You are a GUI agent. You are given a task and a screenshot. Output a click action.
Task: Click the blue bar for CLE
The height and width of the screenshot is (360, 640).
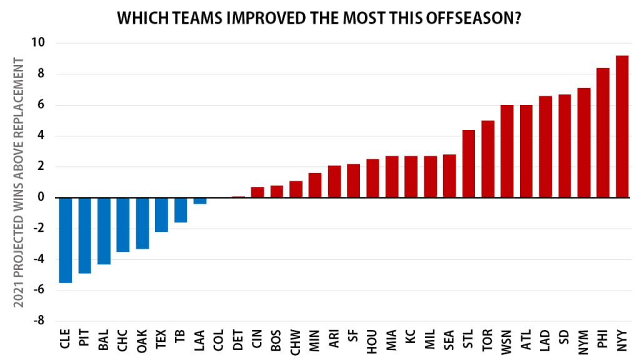click(65, 240)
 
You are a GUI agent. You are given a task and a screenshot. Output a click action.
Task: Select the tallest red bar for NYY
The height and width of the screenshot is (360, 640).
click(622, 126)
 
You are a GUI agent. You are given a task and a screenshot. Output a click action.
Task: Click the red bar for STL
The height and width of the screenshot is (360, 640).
click(469, 163)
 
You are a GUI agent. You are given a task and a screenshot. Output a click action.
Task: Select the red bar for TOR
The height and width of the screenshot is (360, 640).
click(488, 159)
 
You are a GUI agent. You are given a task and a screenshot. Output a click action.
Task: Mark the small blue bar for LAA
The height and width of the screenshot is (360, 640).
click(199, 201)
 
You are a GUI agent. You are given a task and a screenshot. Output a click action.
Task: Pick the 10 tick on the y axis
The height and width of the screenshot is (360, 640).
click(39, 43)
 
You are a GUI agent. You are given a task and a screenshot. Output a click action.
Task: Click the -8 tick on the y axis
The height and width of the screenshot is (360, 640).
click(39, 321)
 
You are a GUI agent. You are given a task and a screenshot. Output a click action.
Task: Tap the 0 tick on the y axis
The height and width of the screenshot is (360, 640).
click(42, 197)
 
